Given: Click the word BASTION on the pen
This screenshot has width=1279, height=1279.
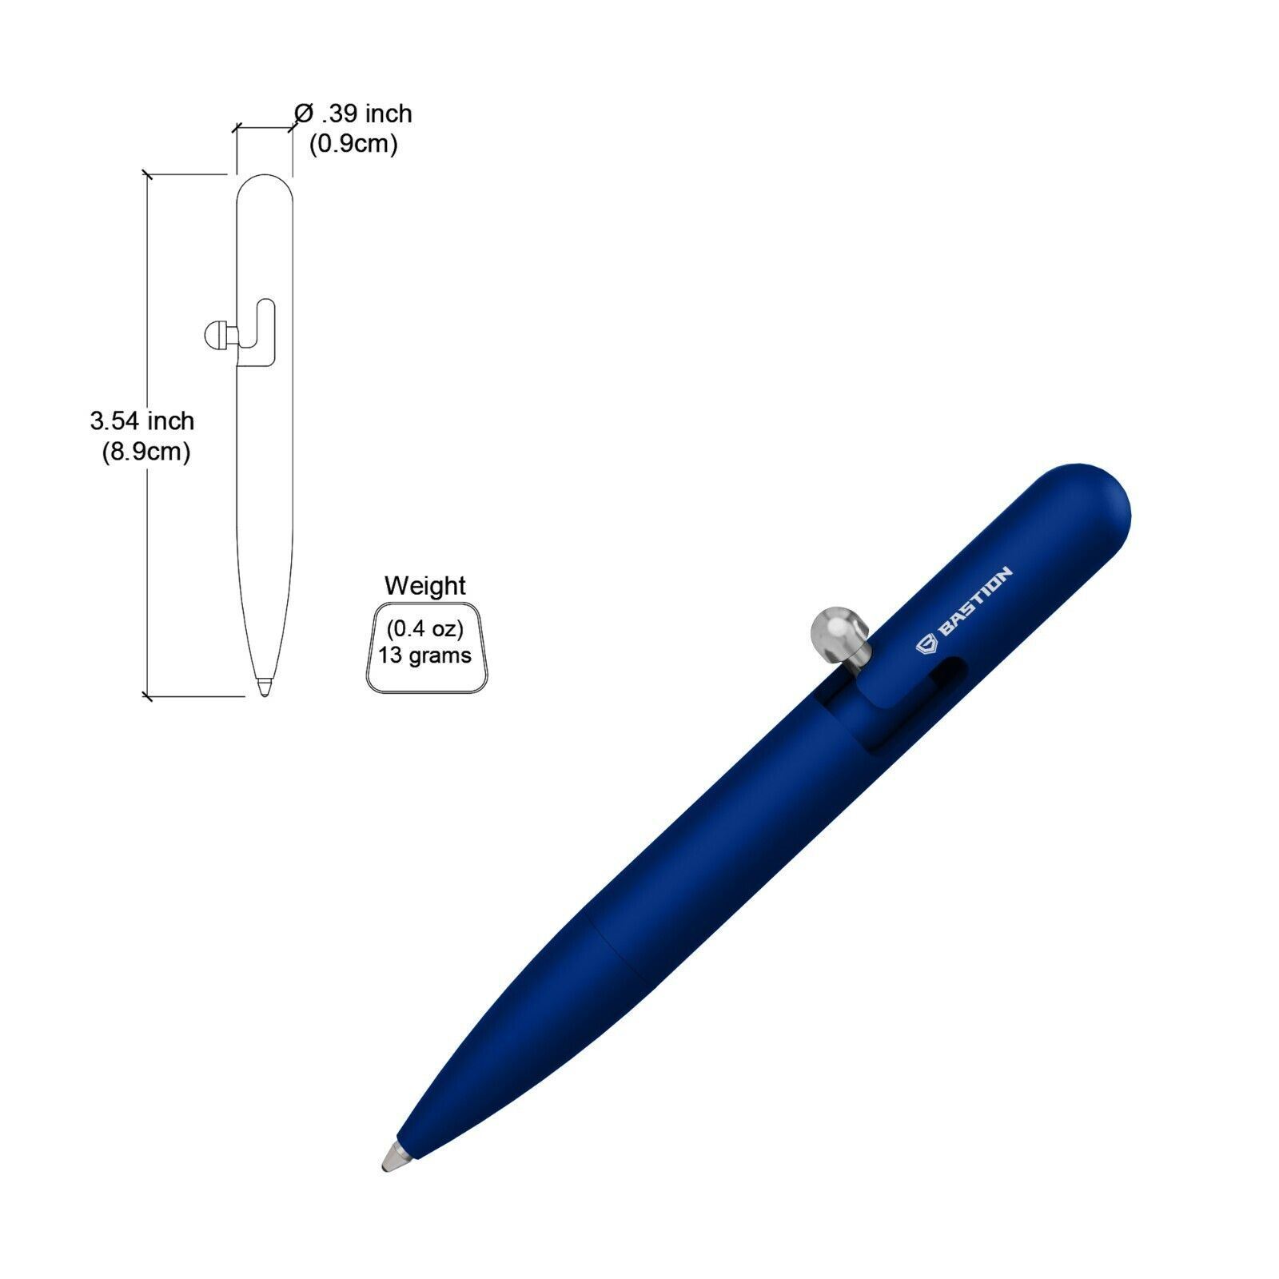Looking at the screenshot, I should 974,600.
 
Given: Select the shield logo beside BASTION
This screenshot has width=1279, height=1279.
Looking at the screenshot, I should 926,643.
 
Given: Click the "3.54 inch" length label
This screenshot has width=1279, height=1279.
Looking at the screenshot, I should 142,420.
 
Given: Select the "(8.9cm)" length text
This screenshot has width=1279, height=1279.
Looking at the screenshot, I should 145,452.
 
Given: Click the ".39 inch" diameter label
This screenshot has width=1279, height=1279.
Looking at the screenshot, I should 367,114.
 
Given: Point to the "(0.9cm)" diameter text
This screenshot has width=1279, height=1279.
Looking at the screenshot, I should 353,144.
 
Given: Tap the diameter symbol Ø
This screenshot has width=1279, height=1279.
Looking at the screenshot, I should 303,114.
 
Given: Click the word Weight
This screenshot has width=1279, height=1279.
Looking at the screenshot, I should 424,586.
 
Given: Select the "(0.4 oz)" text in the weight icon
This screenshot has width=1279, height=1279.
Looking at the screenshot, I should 424,629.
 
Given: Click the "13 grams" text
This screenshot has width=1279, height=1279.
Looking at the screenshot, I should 424,655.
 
